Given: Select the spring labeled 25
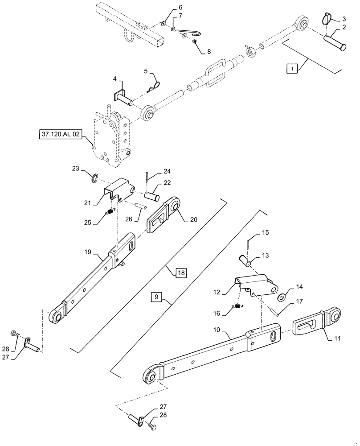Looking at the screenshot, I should click(109, 212).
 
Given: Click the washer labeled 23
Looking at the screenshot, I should click(94, 179).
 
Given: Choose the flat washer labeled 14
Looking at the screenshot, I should click(282, 297).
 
